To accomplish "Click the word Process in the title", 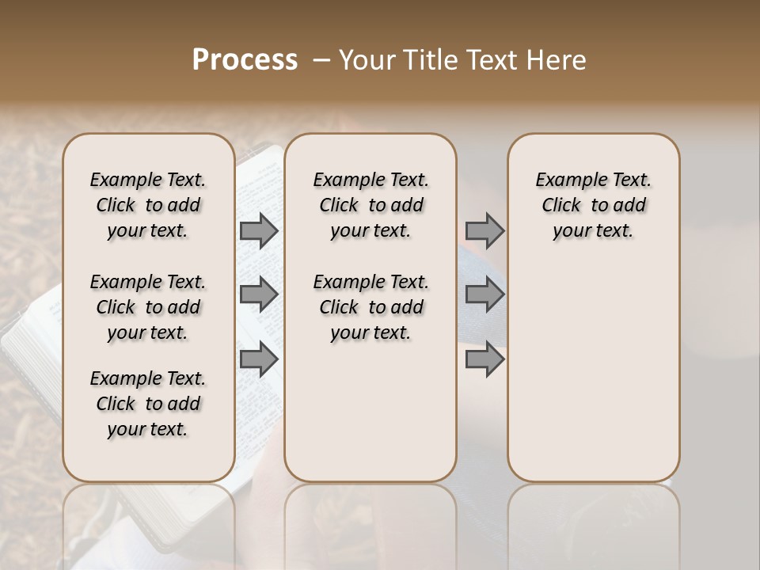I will click(245, 60).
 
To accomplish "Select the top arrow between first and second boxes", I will click(258, 230).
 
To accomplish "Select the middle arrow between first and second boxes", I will click(258, 294).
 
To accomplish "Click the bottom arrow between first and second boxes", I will click(258, 359).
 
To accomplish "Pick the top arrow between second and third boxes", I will click(484, 230).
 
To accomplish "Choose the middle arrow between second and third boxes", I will click(484, 294).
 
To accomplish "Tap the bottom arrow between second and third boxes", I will click(484, 359).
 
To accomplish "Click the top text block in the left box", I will click(148, 205).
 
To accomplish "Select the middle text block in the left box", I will click(148, 307).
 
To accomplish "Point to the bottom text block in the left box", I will click(148, 404).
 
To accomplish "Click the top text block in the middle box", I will click(370, 205).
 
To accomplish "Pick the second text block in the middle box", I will click(370, 307).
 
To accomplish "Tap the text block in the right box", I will click(593, 205).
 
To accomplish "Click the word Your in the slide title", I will click(367, 60).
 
